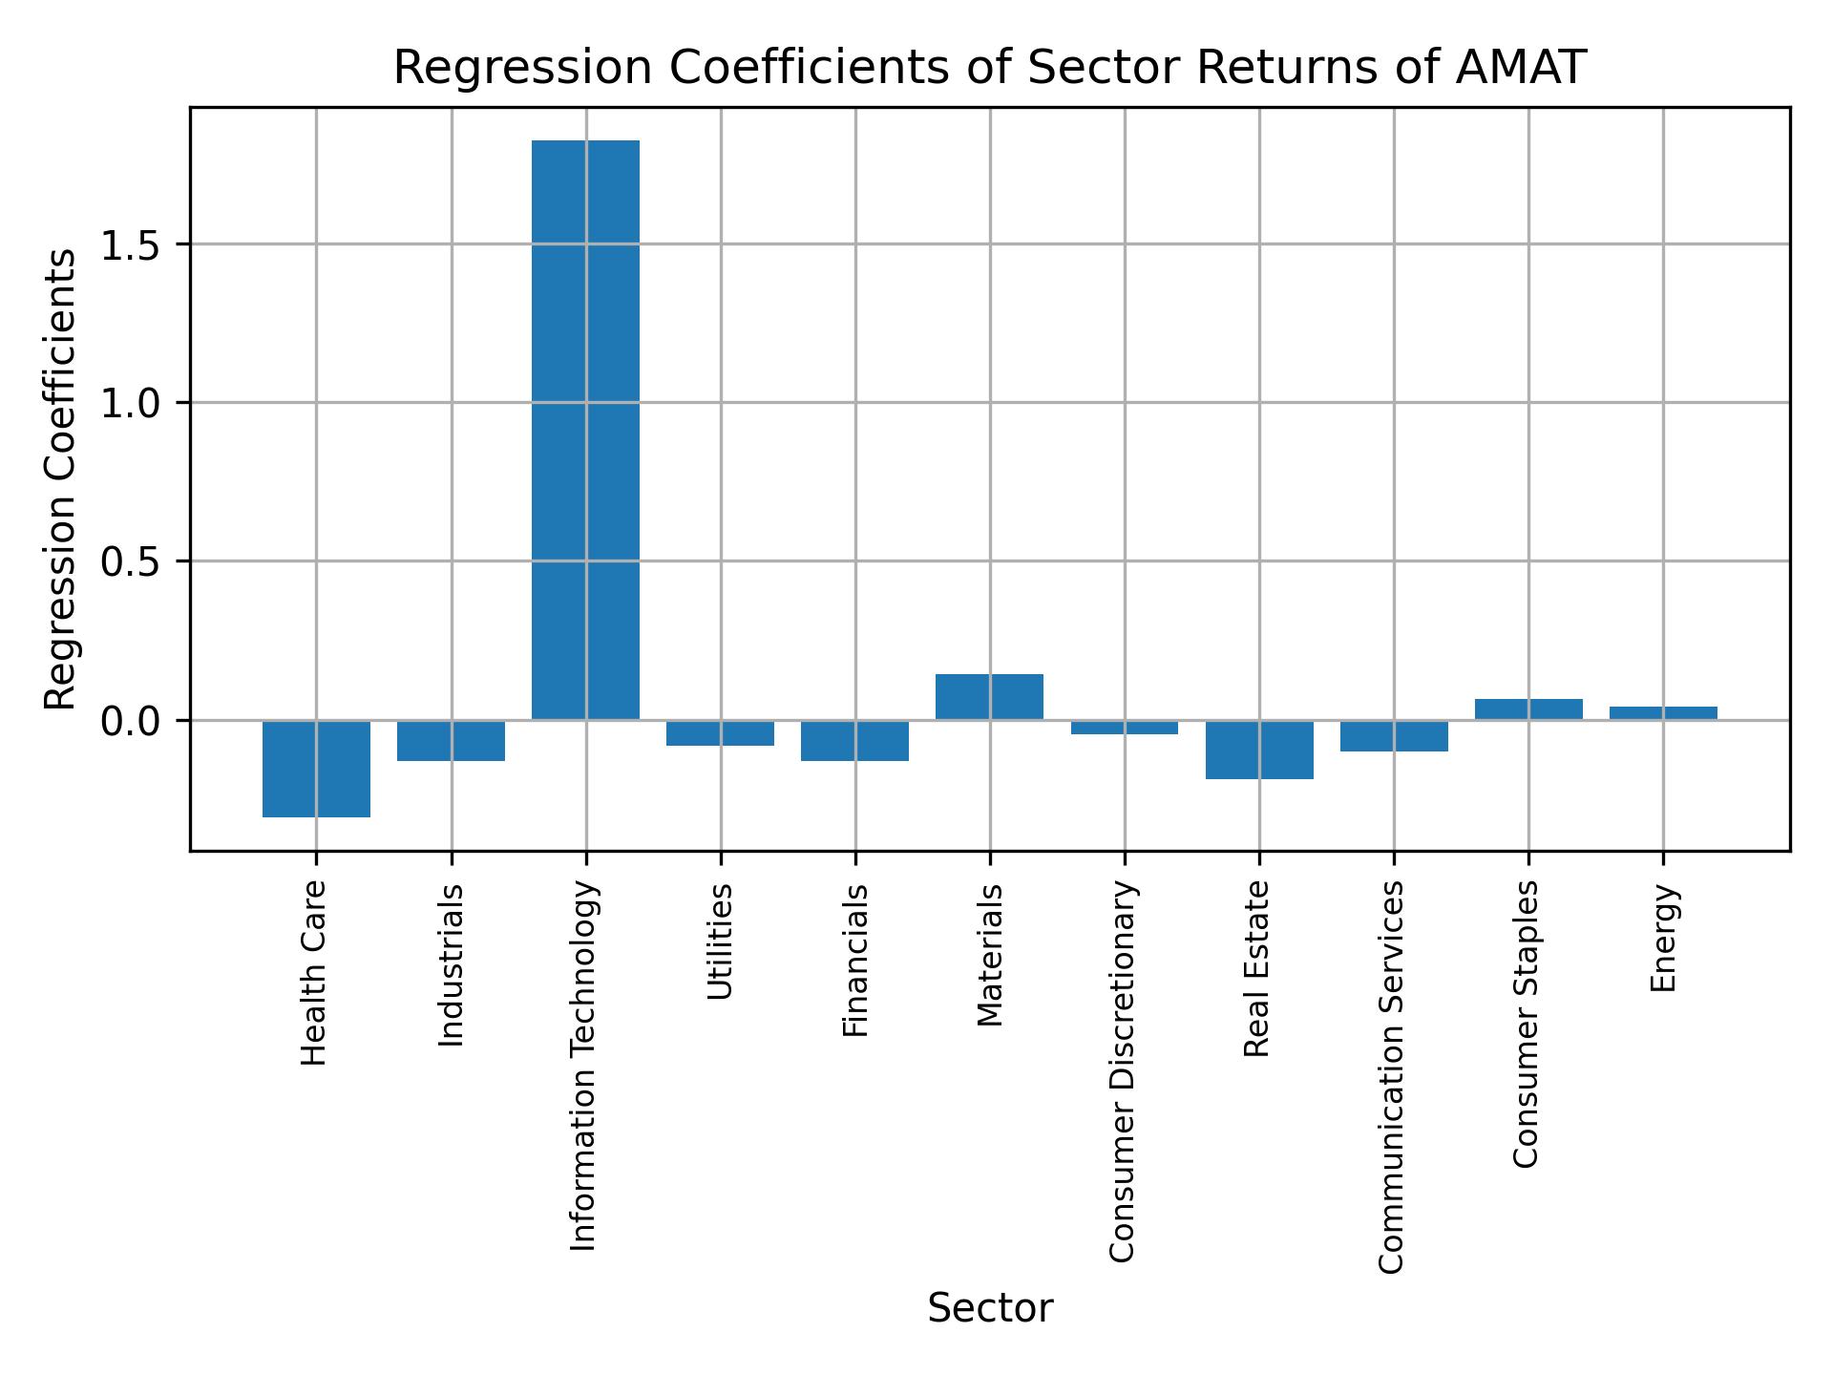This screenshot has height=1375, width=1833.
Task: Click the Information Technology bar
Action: (585, 430)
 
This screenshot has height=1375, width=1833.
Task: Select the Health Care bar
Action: (316, 768)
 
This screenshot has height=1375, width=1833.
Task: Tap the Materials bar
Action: (989, 697)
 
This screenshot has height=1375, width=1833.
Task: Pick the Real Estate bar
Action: (1259, 750)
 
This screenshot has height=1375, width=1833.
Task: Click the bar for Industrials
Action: (451, 740)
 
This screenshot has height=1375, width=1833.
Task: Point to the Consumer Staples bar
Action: (1528, 709)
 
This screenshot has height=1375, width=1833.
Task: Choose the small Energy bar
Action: (1663, 713)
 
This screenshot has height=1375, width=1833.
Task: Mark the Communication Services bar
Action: (1394, 736)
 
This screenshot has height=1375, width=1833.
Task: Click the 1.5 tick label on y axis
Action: (129, 245)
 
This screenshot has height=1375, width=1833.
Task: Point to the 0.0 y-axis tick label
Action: (129, 721)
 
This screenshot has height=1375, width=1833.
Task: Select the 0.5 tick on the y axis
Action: (129, 562)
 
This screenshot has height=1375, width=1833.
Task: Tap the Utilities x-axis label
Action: (721, 941)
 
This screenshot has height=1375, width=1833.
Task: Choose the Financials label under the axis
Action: (855, 960)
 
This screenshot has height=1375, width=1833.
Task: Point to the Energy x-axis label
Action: (1663, 938)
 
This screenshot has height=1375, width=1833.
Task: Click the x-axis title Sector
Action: (990, 1309)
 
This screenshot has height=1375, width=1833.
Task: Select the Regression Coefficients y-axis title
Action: (61, 479)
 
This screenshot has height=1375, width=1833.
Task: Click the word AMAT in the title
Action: (1520, 69)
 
